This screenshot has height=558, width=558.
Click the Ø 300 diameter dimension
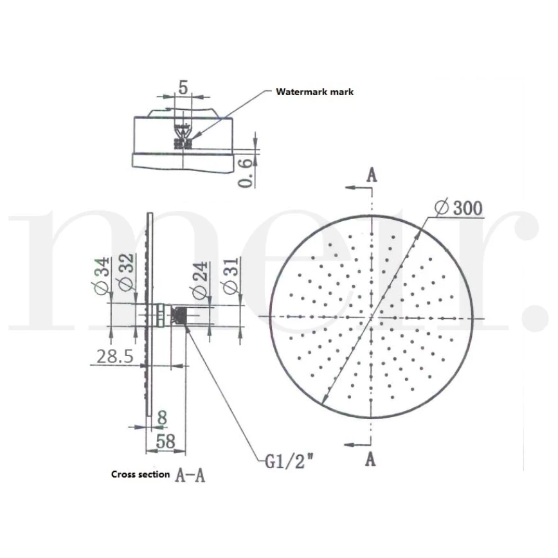(459, 208)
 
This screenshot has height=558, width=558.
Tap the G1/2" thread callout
(290, 462)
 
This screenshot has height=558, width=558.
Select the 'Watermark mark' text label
(314, 92)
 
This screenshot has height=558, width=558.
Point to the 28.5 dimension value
(115, 356)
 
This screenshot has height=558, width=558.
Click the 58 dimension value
(165, 441)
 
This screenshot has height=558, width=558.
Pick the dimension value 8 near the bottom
(162, 417)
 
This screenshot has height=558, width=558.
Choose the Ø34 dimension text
(100, 276)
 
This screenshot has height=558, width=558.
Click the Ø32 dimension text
(125, 273)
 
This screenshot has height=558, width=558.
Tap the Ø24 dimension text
(200, 280)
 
